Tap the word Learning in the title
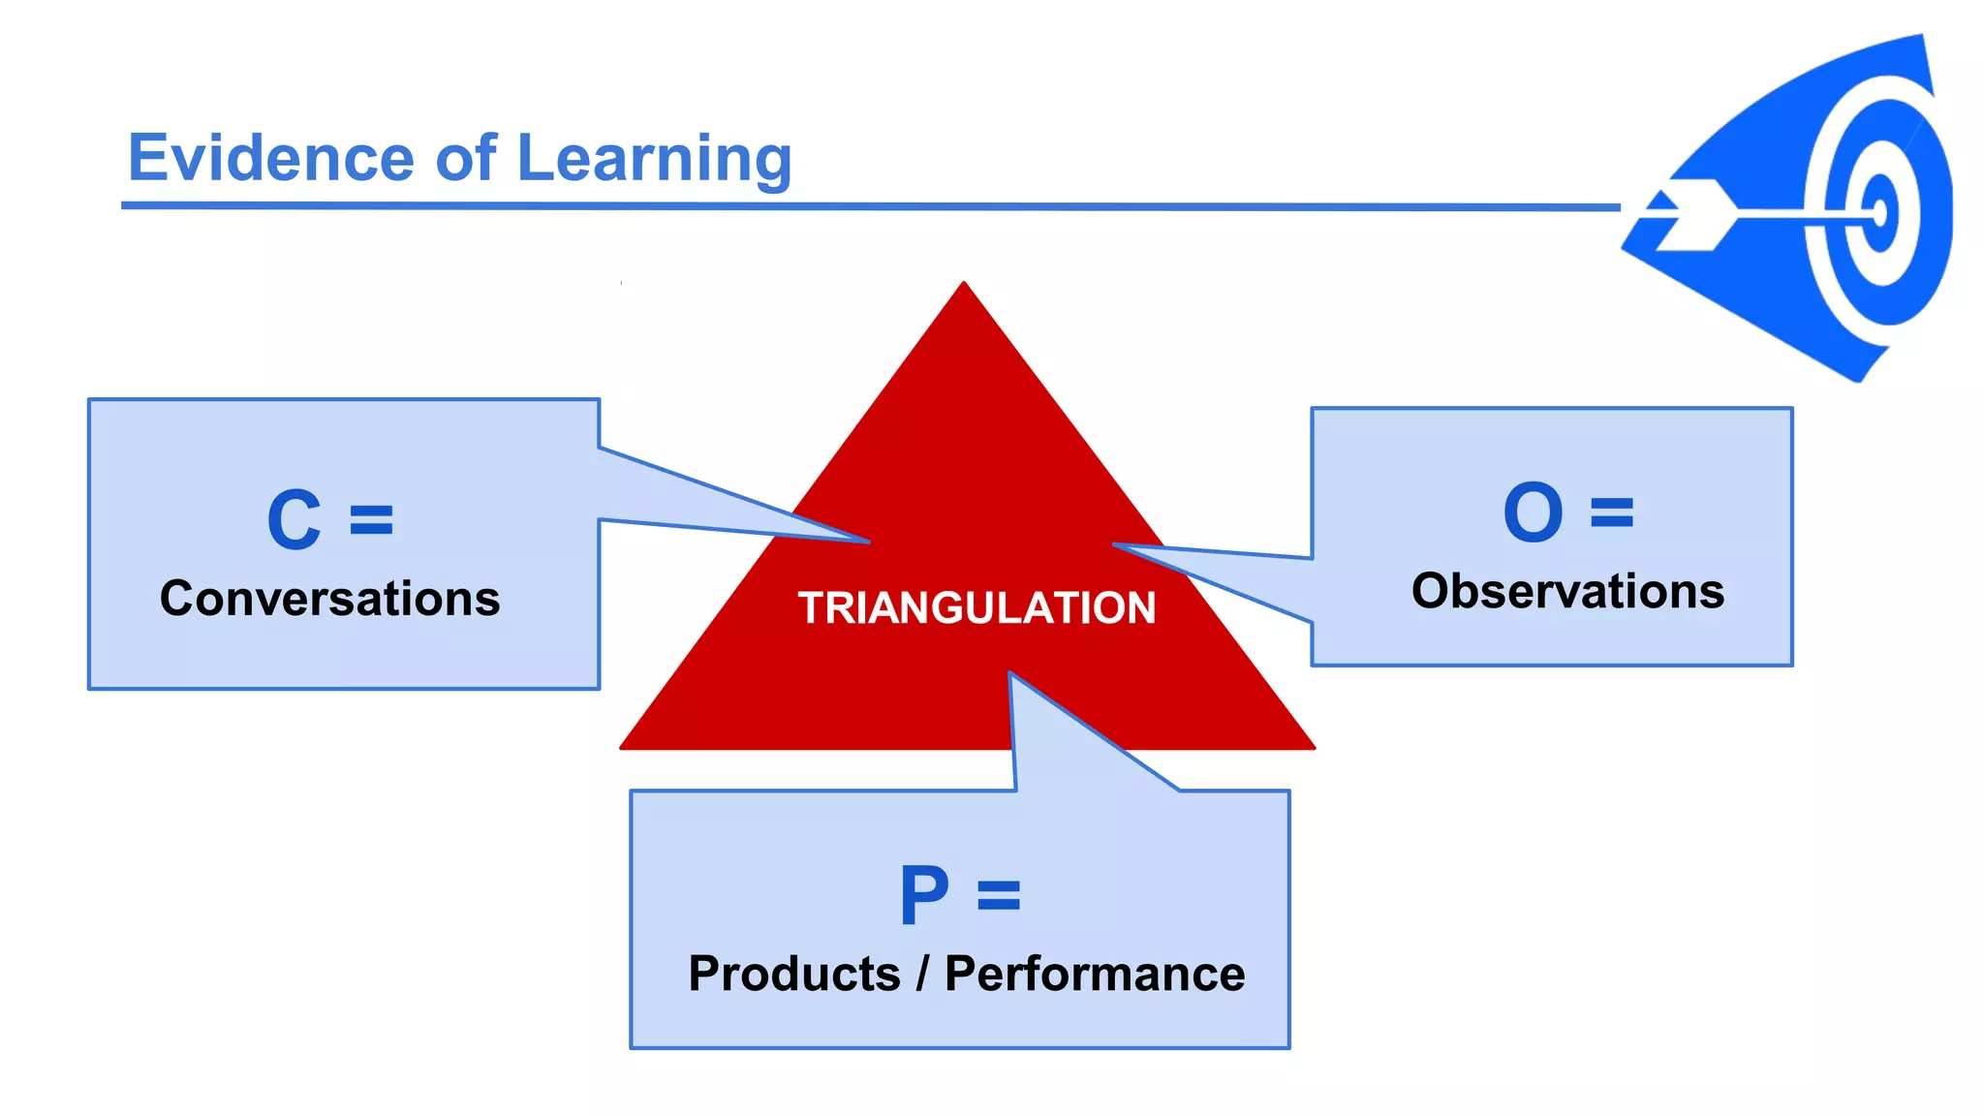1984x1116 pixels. click(655, 160)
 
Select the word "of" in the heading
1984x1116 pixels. click(466, 158)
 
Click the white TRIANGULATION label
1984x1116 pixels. click(976, 608)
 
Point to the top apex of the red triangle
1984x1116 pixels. click(964, 285)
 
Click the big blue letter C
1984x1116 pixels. click(294, 520)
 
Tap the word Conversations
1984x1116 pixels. click(330, 599)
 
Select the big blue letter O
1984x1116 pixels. click(1533, 512)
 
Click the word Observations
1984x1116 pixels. click(1567, 591)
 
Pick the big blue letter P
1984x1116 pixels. click(923, 895)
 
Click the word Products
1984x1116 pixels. click(794, 974)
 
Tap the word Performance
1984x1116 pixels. click(1095, 974)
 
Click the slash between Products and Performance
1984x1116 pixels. click(923, 974)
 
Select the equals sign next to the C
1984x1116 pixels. click(372, 520)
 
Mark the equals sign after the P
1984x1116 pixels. click(999, 895)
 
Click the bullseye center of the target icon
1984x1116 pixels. click(1879, 212)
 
